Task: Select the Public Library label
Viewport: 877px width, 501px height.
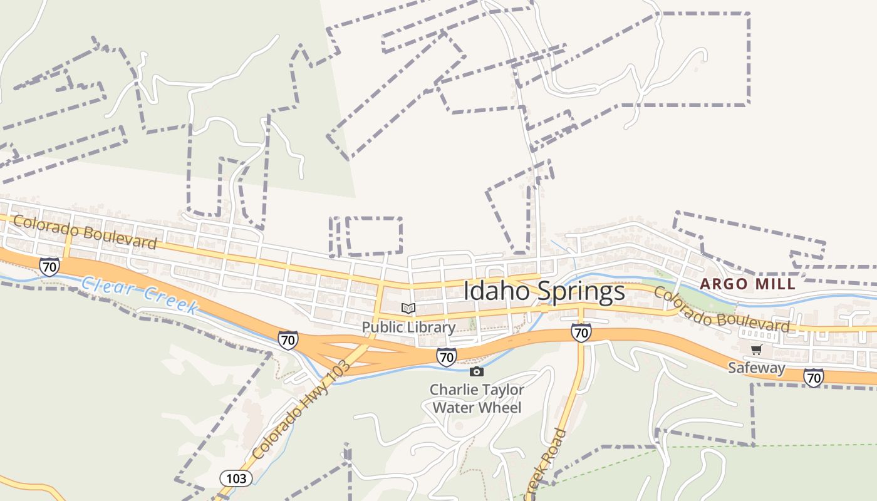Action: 408,327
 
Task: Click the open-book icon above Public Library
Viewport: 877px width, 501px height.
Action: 408,308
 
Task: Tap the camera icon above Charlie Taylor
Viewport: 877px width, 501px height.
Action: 477,371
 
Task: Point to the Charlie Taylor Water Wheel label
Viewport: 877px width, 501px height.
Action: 477,399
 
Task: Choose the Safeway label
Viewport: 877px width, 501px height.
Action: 756,368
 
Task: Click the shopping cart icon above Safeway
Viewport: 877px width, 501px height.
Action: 756,349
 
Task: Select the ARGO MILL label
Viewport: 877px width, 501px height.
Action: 748,284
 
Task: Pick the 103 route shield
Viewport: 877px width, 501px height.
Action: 236,478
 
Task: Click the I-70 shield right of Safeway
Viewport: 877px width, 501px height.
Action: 813,377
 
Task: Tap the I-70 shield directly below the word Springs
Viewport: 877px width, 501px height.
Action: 581,332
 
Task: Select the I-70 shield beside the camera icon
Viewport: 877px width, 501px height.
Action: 446,356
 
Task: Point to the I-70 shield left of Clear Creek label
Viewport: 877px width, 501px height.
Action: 49,267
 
